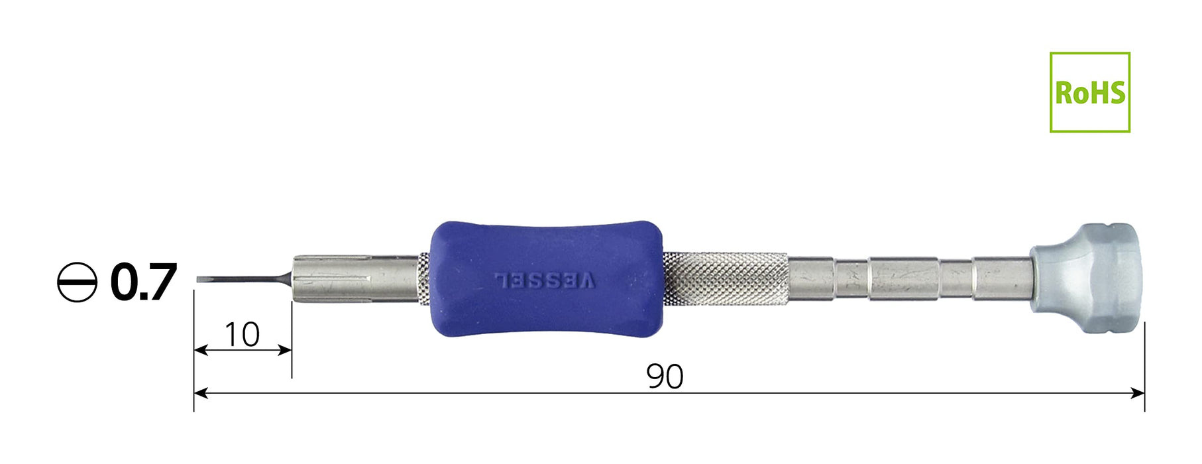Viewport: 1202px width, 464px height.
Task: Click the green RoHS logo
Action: [x=1090, y=92]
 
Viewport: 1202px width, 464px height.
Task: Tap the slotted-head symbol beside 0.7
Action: [x=78, y=282]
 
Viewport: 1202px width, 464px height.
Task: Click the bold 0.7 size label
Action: [x=144, y=282]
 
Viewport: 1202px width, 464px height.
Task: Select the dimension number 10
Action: [x=242, y=335]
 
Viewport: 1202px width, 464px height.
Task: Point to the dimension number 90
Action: [x=665, y=377]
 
